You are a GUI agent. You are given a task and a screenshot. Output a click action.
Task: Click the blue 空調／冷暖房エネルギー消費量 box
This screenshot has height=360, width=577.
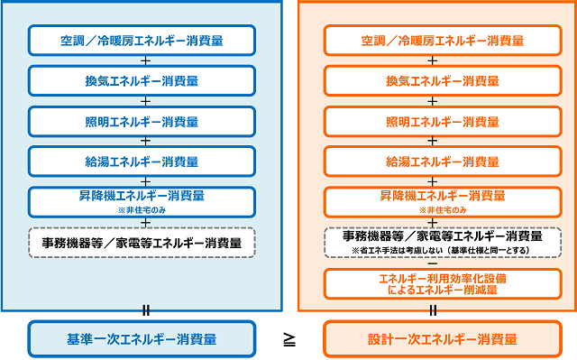142,41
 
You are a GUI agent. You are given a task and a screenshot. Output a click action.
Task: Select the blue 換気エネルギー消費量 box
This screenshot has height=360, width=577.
142,81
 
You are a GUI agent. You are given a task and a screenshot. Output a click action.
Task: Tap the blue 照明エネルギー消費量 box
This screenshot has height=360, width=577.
142,122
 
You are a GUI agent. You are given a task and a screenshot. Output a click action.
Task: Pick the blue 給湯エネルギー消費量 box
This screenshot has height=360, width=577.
142,162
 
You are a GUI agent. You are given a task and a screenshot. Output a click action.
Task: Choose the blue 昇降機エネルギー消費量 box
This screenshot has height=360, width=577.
142,200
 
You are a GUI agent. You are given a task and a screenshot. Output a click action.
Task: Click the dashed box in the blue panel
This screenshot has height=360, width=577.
142,243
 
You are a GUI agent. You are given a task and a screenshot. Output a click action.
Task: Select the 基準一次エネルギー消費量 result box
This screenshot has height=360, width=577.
142,339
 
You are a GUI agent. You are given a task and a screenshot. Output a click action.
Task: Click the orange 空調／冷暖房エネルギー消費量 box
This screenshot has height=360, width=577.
436,41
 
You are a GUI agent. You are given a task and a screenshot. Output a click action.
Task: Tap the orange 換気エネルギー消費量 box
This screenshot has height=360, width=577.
436,81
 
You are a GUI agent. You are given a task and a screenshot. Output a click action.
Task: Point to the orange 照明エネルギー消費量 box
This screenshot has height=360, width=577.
436,122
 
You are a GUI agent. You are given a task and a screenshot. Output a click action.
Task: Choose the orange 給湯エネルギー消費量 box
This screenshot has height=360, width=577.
436,162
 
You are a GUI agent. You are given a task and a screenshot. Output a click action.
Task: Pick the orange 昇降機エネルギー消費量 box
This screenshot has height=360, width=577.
436,200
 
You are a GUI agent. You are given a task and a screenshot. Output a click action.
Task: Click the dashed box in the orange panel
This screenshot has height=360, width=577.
436,241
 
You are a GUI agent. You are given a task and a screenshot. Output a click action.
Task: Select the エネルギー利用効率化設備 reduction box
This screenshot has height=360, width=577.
436,284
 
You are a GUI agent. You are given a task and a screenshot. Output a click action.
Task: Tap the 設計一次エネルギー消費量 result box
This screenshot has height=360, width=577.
436,339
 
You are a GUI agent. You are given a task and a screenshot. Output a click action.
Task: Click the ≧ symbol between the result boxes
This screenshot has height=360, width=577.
289,339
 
